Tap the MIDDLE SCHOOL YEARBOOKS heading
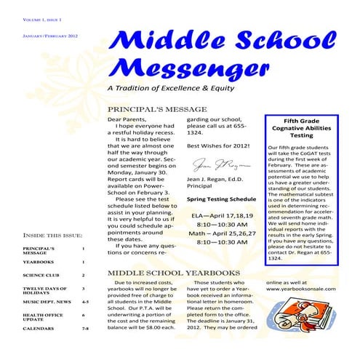pyautogui.click(x=173, y=273)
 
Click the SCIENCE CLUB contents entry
pyautogui.click(x=40, y=276)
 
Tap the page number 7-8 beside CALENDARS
pyautogui.click(x=84, y=329)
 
